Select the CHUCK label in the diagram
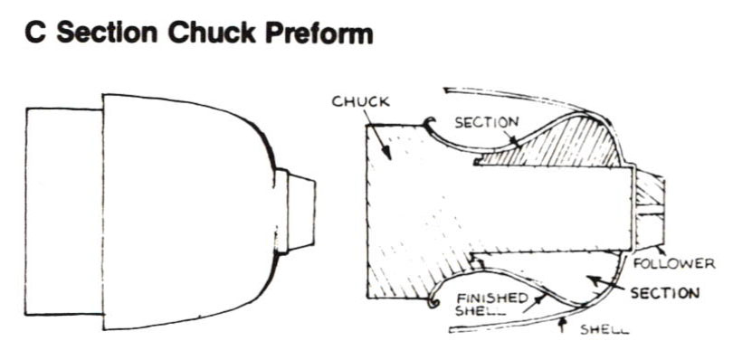click(360, 101)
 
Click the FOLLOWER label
click(674, 264)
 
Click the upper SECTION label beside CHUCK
click(487, 122)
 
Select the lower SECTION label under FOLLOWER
click(665, 293)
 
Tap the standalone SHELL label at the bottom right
click(604, 329)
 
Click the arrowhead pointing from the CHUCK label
click(386, 151)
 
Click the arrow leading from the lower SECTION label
click(607, 284)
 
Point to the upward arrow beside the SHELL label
click(562, 324)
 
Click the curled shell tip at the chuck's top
click(429, 122)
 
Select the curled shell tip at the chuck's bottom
click(432, 302)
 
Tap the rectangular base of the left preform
click(64, 212)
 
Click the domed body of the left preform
click(188, 212)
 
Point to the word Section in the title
click(107, 33)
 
